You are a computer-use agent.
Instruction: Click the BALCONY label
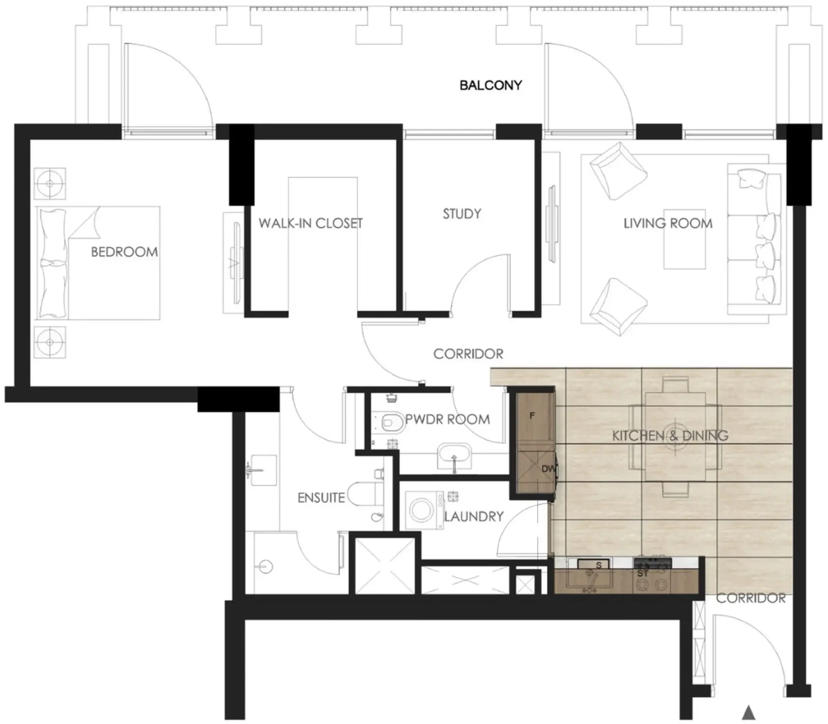point(490,85)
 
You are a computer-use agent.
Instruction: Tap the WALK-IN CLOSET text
point(311,223)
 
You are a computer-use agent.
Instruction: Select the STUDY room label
point(462,214)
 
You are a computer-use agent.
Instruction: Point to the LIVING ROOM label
point(668,223)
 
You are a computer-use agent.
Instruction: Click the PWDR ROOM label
point(447,419)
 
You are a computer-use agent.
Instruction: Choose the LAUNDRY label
point(474,516)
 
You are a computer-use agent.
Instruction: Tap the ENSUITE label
point(321,498)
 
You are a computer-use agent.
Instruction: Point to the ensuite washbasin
point(262,470)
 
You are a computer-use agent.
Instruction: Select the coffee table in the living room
point(685,239)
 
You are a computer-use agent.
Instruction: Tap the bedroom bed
point(98,263)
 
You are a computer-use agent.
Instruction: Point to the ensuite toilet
point(365,494)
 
